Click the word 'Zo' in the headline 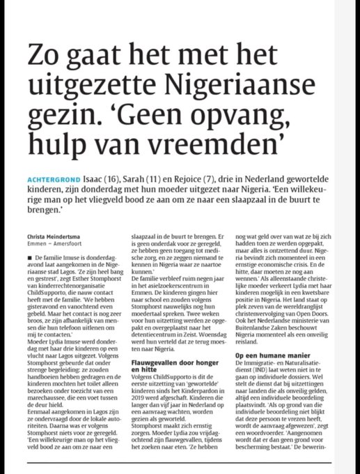point(44,53)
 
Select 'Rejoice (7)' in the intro point(223,178)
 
